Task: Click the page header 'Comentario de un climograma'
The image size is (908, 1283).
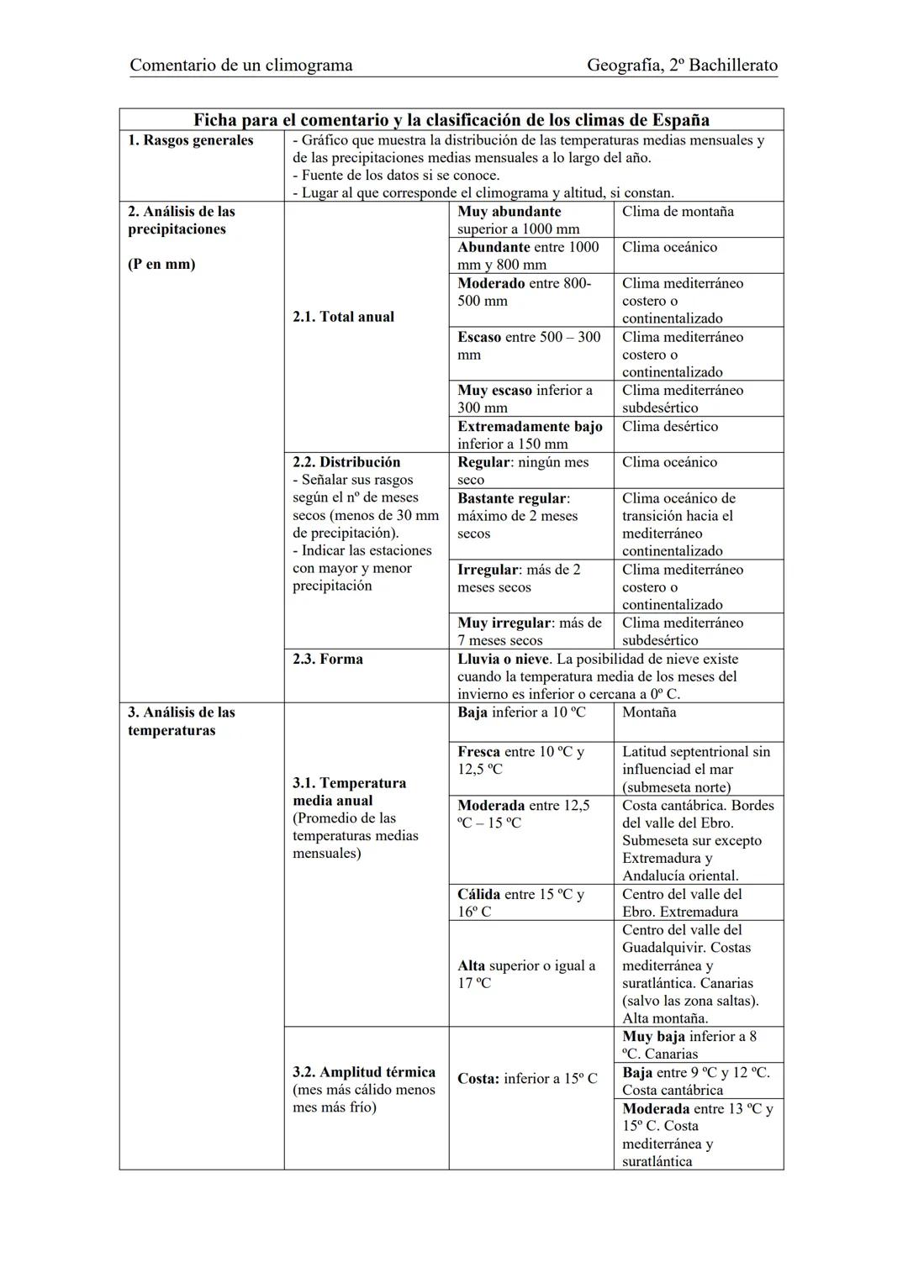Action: coord(241,65)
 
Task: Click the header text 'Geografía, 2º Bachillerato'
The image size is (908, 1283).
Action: coord(682,65)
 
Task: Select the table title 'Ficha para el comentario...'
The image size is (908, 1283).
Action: coord(451,119)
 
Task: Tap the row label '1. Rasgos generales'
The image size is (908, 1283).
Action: coord(190,140)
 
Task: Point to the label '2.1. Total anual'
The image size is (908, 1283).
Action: coord(343,317)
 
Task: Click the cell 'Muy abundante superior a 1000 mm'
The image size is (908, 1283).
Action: coord(519,220)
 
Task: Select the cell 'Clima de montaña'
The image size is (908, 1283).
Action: coord(678,212)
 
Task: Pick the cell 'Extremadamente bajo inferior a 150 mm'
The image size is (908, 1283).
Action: coord(530,435)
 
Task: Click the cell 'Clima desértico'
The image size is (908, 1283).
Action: coord(670,427)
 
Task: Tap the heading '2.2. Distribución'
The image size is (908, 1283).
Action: coord(346,462)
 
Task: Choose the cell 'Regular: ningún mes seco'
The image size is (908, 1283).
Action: coord(523,471)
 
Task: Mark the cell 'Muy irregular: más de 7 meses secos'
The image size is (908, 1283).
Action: coord(530,631)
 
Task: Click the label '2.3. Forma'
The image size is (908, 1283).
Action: coord(328,659)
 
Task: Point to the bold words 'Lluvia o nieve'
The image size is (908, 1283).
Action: coord(503,659)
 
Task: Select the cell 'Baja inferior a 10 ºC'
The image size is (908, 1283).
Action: coord(521,712)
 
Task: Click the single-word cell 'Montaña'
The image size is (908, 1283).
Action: coord(649,712)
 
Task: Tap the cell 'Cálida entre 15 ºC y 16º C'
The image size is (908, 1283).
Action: coord(520,902)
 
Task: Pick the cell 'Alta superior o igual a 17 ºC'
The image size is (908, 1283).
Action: coord(526,974)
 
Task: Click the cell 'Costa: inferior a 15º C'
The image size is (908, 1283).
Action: coord(527,1078)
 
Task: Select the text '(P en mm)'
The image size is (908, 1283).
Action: coord(161,265)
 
